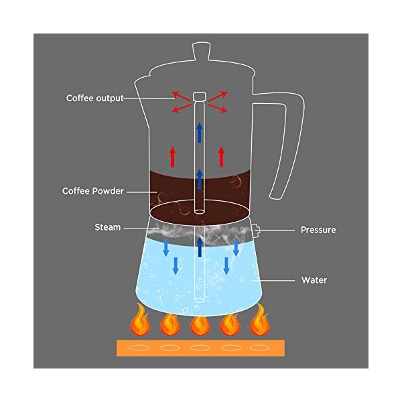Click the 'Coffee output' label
pos(94,98)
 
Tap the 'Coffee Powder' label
pos(93,191)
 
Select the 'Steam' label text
pos(107,227)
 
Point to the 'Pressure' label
pos(318,230)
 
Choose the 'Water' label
pos(314,279)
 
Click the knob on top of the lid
pos(201,50)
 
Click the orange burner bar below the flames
pos(200,349)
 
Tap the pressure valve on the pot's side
pos(256,231)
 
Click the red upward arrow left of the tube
pos(172,156)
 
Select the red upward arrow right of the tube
pos(222,156)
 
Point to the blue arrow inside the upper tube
pos(199,132)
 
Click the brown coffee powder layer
pos(167,188)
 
